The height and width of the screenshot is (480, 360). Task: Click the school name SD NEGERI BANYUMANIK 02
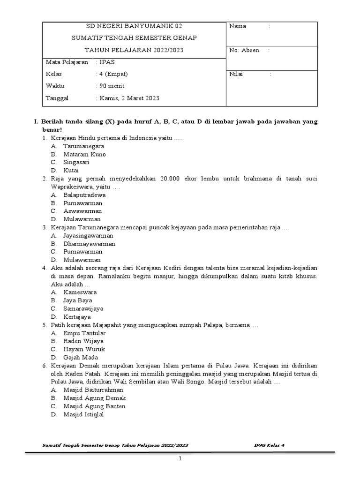click(x=134, y=26)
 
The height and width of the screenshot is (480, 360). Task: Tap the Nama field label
click(x=238, y=26)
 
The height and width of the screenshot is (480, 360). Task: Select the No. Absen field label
click(x=244, y=50)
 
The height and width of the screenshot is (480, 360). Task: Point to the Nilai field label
click(x=236, y=74)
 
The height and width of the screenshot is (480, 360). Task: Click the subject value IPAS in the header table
click(x=106, y=62)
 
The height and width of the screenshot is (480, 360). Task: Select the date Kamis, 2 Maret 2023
click(x=128, y=98)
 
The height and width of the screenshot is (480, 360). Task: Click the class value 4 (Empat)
click(x=112, y=74)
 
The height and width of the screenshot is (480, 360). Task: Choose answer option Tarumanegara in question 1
click(x=84, y=146)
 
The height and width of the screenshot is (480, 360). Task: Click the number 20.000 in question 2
click(x=170, y=179)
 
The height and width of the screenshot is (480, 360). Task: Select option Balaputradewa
click(x=84, y=195)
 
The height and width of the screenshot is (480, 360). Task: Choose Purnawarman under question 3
click(x=82, y=252)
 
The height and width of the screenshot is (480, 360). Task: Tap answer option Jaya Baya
click(x=77, y=300)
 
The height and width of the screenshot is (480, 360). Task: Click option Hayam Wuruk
click(x=84, y=349)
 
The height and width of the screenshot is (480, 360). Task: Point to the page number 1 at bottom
click(x=180, y=459)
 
